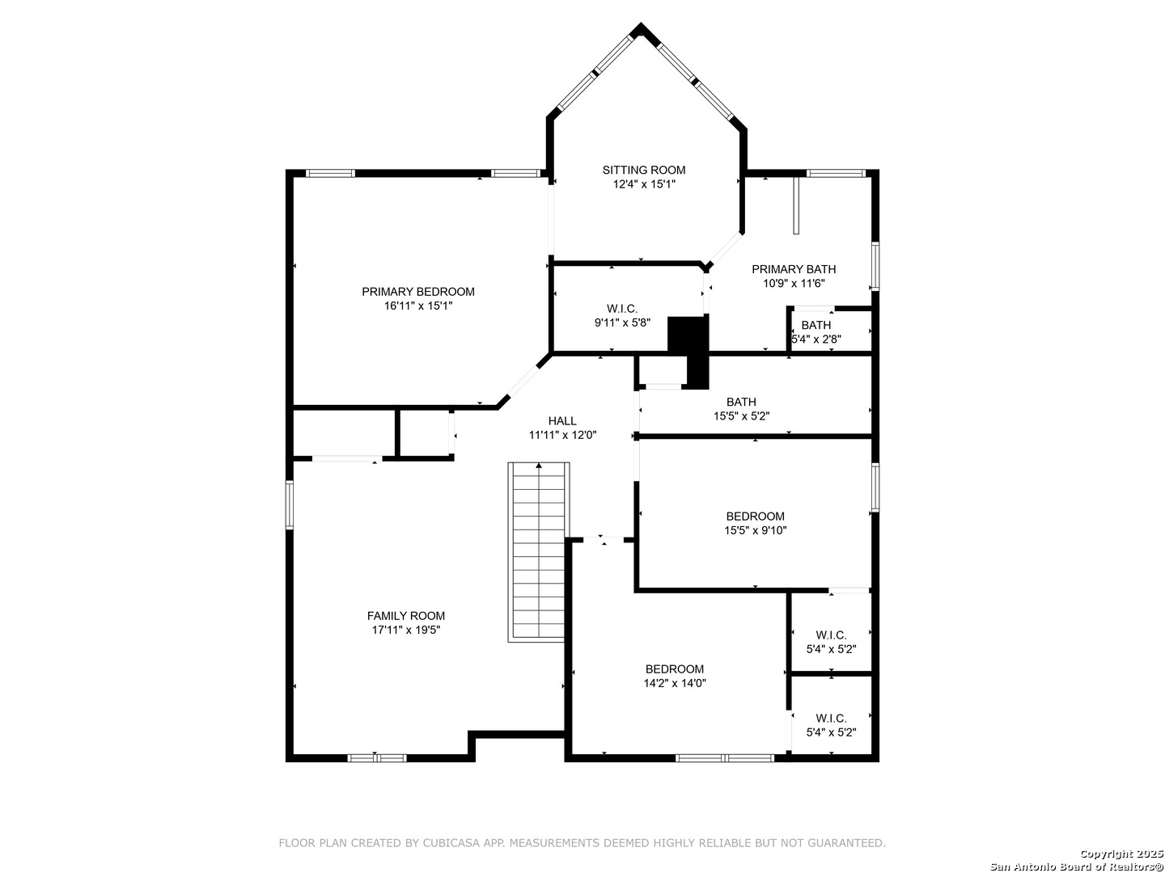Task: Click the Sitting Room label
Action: coord(643,170)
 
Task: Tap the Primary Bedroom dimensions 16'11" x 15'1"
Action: coord(418,306)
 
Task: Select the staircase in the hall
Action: coord(538,552)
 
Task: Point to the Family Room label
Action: coord(406,616)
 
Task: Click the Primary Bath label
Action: coord(794,269)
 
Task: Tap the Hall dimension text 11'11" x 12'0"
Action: coord(562,435)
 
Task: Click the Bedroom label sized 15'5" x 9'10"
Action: coord(756,517)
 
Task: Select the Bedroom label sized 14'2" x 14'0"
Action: coord(675,669)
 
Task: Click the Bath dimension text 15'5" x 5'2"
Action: coord(741,416)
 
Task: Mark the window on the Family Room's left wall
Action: coord(290,504)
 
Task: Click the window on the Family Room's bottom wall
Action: coord(377,758)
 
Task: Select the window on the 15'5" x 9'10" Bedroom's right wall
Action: coord(875,487)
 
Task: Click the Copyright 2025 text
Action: coord(1121,854)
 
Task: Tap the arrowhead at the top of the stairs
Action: coord(539,466)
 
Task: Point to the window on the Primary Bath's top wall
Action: coord(836,173)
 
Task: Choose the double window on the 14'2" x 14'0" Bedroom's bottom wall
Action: coord(725,758)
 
